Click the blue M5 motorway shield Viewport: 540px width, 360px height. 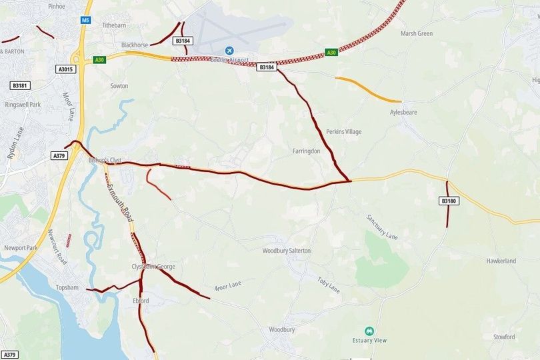[85, 21]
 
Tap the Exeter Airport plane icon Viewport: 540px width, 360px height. [230, 51]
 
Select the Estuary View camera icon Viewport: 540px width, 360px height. [369, 331]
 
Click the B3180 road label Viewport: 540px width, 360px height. [449, 201]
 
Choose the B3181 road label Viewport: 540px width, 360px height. [20, 85]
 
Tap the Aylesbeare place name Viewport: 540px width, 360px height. [403, 113]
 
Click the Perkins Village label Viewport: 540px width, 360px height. [344, 132]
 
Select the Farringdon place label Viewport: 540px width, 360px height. [307, 151]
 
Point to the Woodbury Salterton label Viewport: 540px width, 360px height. [287, 251]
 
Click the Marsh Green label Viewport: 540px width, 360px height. [417, 33]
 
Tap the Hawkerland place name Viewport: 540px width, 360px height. [501, 261]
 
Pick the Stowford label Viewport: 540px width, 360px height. [504, 337]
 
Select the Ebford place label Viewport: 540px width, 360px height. [140, 301]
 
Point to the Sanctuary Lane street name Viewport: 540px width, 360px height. [382, 227]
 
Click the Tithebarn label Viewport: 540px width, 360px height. [114, 25]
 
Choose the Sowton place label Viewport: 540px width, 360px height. [119, 86]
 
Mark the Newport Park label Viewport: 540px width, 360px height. [21, 248]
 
